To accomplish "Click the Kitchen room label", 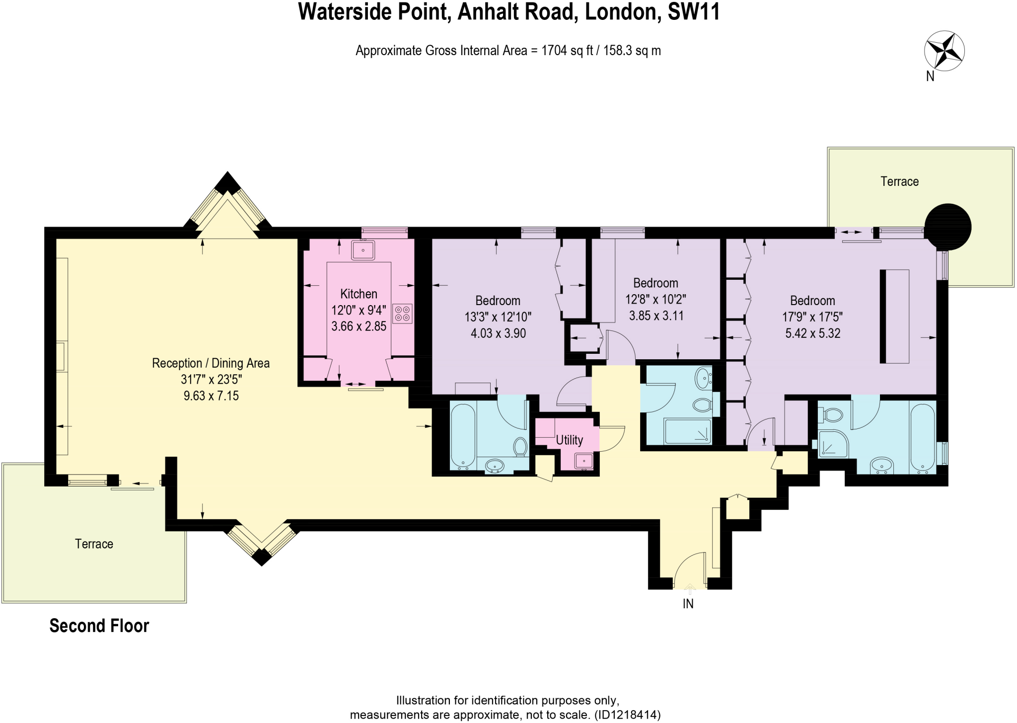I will point(359,294).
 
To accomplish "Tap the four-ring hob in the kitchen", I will point(402,314).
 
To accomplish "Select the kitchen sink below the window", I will point(363,250).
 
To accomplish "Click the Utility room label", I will point(569,440).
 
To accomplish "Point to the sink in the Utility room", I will point(584,461).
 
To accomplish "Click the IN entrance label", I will point(688,604).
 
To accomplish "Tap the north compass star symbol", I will point(944,52).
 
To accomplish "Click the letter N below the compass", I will point(930,77).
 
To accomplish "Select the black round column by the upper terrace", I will point(948,227).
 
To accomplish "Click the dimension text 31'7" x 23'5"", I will point(211,380).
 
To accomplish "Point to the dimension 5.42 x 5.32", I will point(812,333).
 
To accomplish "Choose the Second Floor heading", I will point(99,626).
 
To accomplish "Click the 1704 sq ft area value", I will point(568,51).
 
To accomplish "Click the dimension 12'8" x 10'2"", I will point(655,299).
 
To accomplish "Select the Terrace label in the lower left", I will point(94,544).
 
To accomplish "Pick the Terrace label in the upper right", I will point(899,181).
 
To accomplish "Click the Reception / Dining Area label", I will point(211,363).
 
